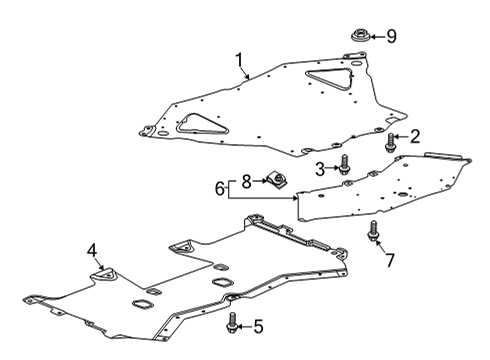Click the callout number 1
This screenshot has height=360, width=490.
point(239,61)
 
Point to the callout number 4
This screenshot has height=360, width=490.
point(92,250)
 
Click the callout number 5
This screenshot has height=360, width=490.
point(258,326)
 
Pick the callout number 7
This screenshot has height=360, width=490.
point(390,260)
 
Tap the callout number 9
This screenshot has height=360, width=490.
point(391,37)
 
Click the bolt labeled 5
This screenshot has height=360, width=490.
point(233,323)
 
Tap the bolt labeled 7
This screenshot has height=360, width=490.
point(374,230)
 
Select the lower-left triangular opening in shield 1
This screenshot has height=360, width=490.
point(195,126)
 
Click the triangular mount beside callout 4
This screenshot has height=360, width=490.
point(103,273)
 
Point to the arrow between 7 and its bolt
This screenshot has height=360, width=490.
point(380,246)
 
